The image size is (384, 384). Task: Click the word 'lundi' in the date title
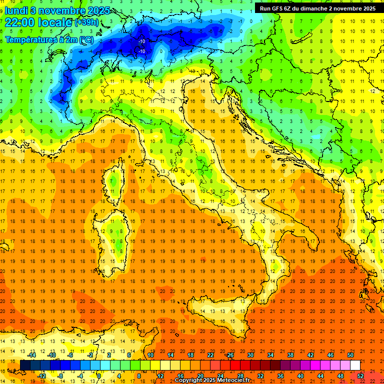click(17, 10)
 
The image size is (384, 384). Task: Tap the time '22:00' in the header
click(20, 22)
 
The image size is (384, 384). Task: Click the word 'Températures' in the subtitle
click(29, 39)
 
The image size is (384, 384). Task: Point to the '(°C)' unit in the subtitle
click(85, 39)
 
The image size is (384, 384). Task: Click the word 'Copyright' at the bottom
click(190, 380)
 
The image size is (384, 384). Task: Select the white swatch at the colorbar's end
click(355, 365)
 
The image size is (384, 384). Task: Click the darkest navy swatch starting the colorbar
click(25, 365)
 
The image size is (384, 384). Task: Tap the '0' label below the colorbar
click(99, 375)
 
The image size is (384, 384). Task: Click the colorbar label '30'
click(250, 355)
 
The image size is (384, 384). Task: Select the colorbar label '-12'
click(41, 375)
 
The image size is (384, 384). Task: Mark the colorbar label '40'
click(300, 375)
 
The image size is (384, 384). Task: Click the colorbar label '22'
click(210, 355)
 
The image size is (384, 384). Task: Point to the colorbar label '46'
click(330, 355)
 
